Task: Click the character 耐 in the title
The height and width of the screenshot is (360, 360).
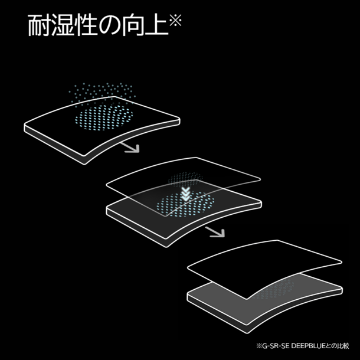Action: [x=40, y=25]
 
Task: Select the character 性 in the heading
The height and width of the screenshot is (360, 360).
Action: [x=86, y=25]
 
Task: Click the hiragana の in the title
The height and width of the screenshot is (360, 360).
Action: [x=109, y=25]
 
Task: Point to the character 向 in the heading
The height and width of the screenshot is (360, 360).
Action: [x=132, y=25]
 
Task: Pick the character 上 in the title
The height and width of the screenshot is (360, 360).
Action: [x=156, y=25]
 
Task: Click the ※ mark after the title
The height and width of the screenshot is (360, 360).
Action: [x=176, y=20]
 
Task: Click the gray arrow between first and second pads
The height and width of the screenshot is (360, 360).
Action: [x=130, y=148]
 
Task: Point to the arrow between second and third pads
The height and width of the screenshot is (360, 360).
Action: [x=215, y=232]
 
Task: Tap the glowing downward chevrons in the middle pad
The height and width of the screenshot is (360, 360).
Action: [x=185, y=194]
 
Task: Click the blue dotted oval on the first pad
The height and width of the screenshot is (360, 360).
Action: [x=104, y=117]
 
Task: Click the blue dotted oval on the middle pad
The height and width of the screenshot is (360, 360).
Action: [x=185, y=204]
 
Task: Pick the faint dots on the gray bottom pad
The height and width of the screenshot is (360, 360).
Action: [x=276, y=290]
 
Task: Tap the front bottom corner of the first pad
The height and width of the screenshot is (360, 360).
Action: [x=84, y=164]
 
